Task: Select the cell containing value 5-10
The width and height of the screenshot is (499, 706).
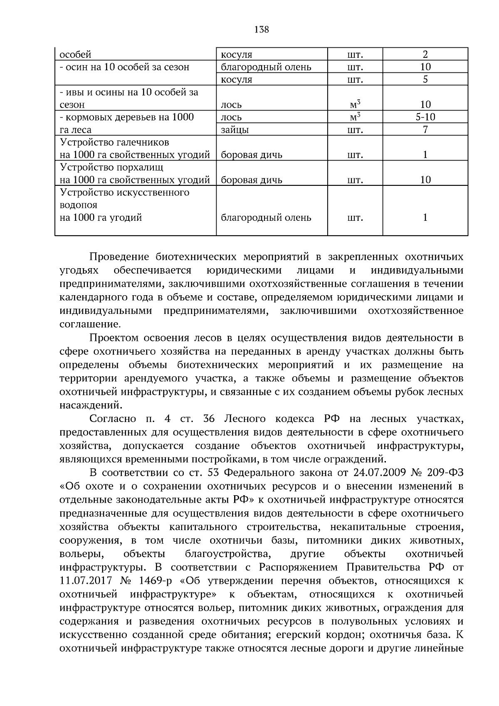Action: click(425, 117)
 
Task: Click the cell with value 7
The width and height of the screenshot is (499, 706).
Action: click(425, 130)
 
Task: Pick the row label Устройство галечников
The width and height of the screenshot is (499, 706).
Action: click(114, 142)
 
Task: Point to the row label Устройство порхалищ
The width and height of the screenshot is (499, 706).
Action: click(111, 167)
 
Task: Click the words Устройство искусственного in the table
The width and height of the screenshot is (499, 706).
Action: click(124, 193)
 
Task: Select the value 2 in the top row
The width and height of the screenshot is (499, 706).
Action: click(425, 54)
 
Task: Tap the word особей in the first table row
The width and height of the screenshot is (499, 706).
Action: click(75, 54)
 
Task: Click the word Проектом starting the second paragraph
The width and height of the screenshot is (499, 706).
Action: click(115, 338)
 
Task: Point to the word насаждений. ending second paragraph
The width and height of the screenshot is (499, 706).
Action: click(91, 405)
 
